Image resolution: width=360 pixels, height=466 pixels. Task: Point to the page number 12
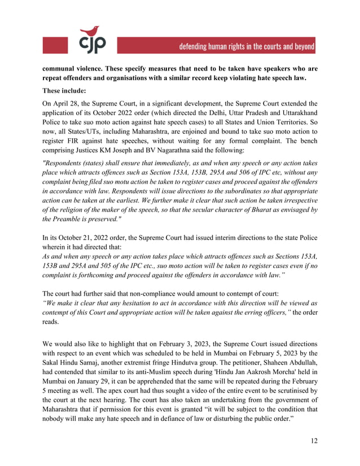click(313, 440)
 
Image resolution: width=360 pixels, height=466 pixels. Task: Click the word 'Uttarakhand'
click(296, 115)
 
